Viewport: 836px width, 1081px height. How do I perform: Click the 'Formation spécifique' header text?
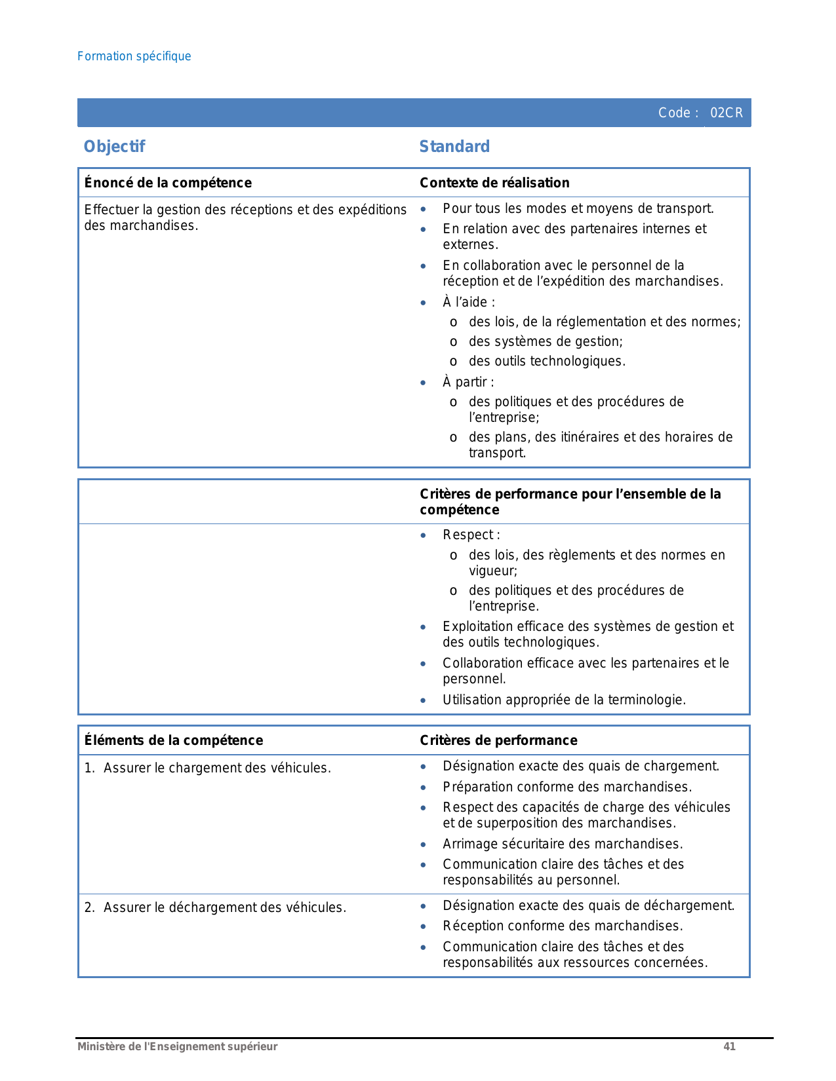(134, 56)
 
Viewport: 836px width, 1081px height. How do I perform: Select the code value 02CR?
(727, 113)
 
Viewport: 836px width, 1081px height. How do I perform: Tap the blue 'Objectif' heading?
(114, 147)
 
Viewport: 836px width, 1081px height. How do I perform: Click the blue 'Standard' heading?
(454, 147)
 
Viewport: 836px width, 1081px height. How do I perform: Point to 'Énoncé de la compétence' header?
(168, 183)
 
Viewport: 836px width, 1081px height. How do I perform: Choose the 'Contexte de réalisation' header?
(494, 183)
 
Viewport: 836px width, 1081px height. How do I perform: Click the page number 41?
(729, 1046)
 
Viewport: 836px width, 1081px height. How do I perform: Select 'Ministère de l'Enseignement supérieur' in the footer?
(178, 1046)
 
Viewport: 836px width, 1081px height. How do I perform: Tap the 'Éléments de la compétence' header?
(174, 740)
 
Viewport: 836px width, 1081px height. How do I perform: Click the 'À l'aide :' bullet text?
(469, 302)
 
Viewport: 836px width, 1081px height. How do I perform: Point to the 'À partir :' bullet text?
(468, 382)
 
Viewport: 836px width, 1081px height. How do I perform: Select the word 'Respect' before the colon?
(468, 535)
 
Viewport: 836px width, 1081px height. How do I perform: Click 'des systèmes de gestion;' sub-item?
(546, 341)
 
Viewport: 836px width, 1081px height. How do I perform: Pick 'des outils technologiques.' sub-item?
(547, 361)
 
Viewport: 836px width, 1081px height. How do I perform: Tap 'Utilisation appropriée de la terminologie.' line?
(564, 700)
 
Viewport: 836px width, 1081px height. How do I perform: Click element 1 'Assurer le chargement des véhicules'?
(216, 768)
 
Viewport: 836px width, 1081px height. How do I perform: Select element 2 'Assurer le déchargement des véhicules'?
(224, 907)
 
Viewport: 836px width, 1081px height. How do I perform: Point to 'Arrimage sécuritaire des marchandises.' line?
(563, 844)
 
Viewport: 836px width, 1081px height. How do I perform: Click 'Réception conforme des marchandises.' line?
(563, 926)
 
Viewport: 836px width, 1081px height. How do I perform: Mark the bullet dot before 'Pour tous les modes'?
(424, 209)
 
